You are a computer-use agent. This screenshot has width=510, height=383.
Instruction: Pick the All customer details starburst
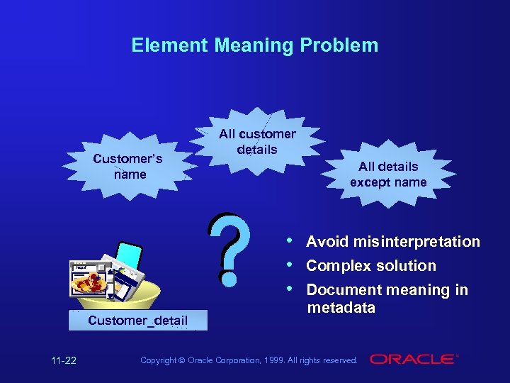click(257, 141)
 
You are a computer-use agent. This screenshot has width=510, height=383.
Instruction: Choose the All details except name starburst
click(388, 174)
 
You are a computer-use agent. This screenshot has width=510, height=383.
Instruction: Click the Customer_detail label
click(138, 321)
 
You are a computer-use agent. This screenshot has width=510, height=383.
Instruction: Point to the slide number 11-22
click(64, 360)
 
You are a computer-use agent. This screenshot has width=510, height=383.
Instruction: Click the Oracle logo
click(414, 360)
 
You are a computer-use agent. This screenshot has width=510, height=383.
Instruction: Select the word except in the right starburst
click(368, 182)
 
